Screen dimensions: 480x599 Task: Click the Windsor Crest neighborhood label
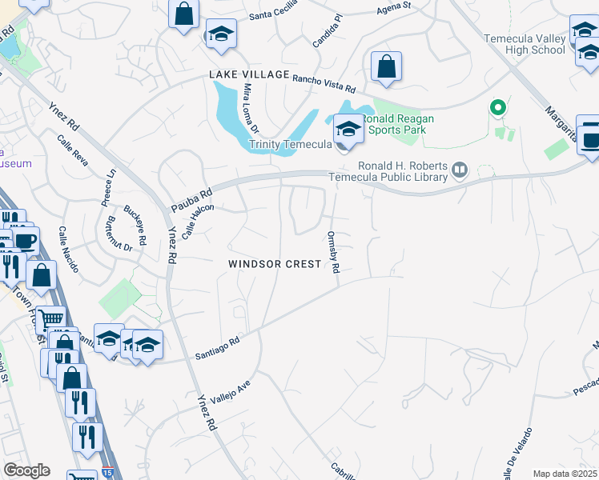[x=275, y=264]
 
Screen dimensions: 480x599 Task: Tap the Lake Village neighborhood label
[x=249, y=74]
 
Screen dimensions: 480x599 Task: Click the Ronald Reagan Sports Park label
[x=402, y=124]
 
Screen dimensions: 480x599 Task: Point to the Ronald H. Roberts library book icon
[x=460, y=169]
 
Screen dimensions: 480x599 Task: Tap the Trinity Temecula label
[x=289, y=145]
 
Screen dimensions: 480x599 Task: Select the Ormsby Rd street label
[x=333, y=251]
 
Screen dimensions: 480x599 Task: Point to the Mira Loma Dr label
[x=251, y=108]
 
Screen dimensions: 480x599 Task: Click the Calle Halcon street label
[x=199, y=220]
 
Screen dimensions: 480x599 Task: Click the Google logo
[x=26, y=470]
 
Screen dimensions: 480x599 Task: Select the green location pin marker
[x=497, y=107]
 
